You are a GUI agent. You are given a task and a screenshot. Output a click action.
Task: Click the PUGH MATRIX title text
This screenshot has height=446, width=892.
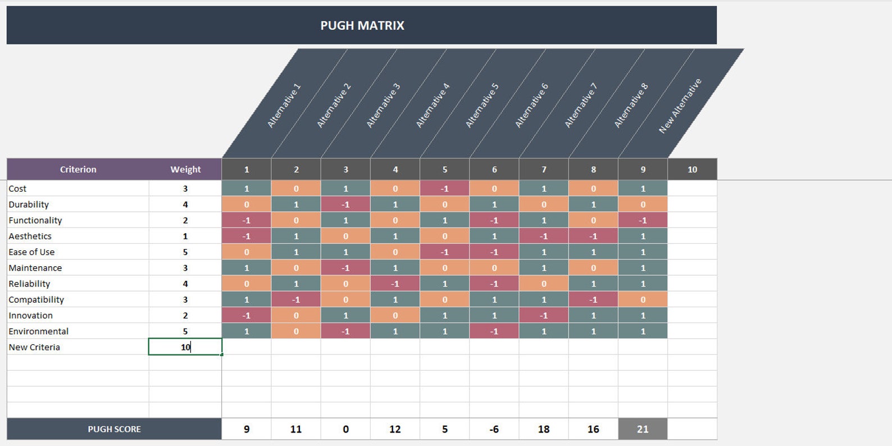362,25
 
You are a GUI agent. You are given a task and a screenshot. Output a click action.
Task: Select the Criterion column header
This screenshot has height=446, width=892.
78,169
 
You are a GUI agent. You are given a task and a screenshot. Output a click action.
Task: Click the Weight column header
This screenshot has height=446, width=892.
185,169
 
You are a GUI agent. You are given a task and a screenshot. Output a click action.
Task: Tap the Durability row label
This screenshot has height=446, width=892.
29,204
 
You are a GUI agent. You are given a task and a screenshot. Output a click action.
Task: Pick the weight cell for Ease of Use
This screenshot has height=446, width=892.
185,252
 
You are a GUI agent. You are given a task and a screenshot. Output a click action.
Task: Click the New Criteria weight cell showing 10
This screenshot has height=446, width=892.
185,347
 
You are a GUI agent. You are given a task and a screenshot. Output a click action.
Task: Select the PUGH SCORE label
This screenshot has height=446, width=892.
114,429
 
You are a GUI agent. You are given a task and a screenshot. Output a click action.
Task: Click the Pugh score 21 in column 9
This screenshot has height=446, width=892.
643,429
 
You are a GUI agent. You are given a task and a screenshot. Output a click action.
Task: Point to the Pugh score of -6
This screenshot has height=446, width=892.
494,429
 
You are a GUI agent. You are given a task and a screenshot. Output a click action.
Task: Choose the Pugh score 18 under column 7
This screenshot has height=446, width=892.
544,429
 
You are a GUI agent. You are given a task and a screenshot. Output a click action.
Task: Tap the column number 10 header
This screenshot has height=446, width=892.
692,169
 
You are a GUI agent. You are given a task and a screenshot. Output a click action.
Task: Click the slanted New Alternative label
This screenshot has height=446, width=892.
680,106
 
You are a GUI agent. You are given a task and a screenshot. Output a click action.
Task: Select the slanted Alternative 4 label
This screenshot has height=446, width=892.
433,106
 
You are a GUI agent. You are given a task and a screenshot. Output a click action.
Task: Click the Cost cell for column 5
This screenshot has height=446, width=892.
444,189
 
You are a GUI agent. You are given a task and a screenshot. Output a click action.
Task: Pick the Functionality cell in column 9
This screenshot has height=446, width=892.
643,220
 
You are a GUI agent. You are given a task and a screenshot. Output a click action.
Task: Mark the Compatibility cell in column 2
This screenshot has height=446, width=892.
296,299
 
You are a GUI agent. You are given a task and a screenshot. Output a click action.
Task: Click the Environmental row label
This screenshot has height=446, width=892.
38,331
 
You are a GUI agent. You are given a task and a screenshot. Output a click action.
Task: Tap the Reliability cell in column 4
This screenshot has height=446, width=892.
395,284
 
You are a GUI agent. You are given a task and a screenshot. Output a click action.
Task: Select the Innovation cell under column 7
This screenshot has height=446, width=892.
544,316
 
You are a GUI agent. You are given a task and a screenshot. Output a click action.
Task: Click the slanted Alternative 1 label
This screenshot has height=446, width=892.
284,106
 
